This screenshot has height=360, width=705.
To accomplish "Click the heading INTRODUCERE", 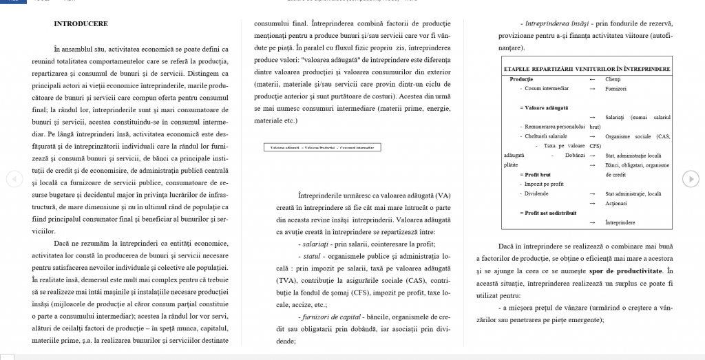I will point(81,24).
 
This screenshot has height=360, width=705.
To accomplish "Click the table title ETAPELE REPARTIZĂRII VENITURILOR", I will point(587,70).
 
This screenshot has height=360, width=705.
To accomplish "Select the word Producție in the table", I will point(521,80).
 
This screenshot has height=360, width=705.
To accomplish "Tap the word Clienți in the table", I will point(613,80).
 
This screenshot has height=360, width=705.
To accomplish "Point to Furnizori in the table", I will point(616,89).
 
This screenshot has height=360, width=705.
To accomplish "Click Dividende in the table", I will point(538,194).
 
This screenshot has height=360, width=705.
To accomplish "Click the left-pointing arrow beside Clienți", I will point(593,80).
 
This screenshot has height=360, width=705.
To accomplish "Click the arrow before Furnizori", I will point(593,89).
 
